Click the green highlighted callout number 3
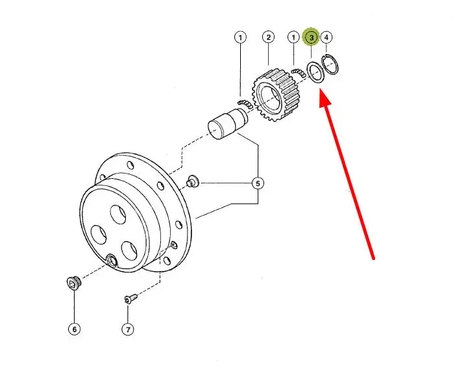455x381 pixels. click(x=311, y=38)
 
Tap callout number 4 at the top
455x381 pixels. click(x=326, y=37)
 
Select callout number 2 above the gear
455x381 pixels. click(x=269, y=37)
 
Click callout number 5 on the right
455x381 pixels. click(x=258, y=183)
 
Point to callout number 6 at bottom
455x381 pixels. click(x=74, y=329)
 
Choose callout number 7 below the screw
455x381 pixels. click(x=128, y=330)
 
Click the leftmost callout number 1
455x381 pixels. click(x=240, y=38)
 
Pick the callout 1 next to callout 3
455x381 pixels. click(x=293, y=38)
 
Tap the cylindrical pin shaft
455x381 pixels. click(x=228, y=124)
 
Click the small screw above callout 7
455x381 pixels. click(x=130, y=298)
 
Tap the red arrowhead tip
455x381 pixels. click(x=321, y=90)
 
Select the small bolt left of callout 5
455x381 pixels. click(x=192, y=181)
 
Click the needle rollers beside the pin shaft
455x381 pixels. click(x=245, y=104)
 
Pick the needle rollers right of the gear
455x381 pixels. click(x=299, y=72)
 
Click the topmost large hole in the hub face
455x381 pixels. click(x=118, y=215)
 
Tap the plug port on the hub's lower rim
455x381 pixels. click(x=112, y=261)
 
